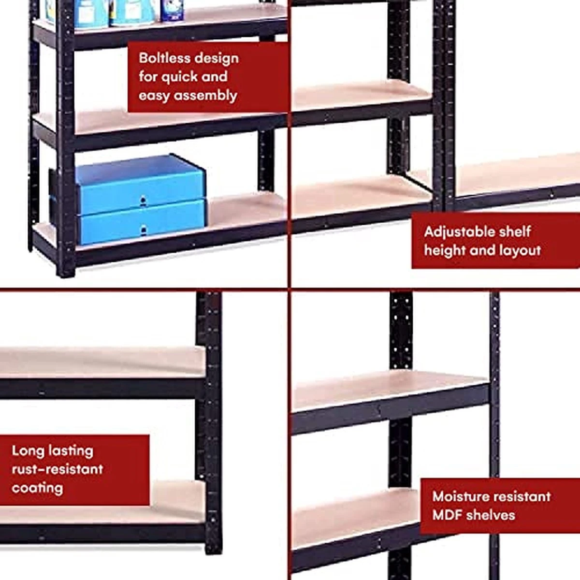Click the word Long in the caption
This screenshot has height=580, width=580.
click(x=26, y=451)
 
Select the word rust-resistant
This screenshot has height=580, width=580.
click(x=58, y=469)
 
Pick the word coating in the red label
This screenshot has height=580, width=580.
click(x=37, y=488)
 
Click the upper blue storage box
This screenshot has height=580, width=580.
click(x=140, y=184)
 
